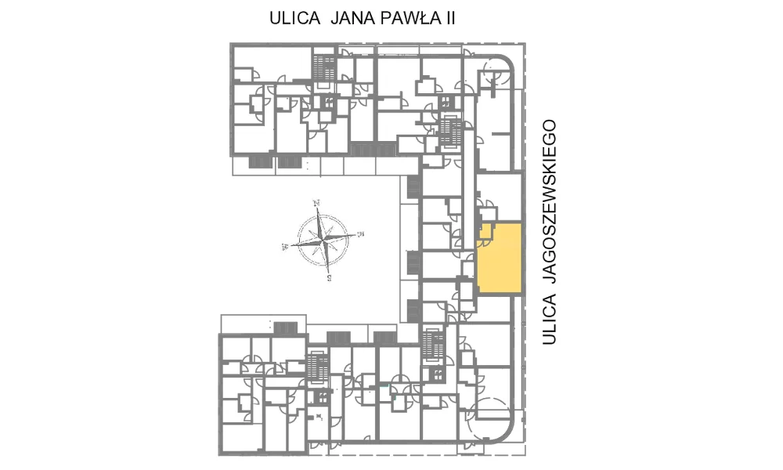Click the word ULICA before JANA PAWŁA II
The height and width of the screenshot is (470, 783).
[x=294, y=19]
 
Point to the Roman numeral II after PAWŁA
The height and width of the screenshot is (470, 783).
[x=450, y=19]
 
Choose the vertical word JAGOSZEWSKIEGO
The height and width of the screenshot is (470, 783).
[x=550, y=201]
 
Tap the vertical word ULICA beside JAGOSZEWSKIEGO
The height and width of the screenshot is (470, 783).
[x=550, y=319]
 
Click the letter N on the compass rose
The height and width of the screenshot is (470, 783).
[x=316, y=203]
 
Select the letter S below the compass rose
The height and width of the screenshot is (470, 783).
[x=329, y=278]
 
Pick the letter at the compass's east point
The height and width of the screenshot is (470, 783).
[x=359, y=233]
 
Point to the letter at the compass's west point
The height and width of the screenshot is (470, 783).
[x=285, y=246]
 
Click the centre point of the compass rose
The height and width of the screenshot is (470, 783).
[x=323, y=240]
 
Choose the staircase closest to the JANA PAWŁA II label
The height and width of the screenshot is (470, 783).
[x=324, y=67]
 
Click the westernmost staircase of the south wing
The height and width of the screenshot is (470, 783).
[x=318, y=369]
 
